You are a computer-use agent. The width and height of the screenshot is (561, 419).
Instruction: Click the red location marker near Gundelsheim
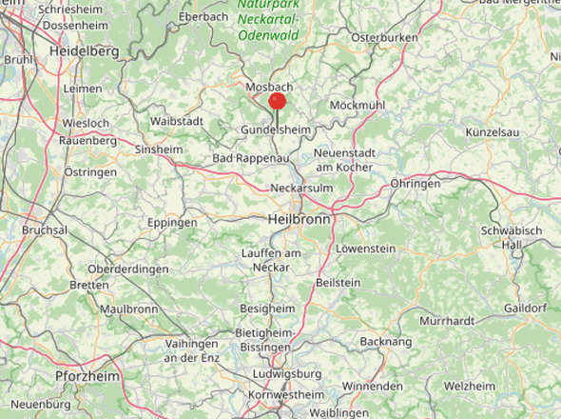278,101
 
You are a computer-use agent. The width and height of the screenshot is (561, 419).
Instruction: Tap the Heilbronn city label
300,219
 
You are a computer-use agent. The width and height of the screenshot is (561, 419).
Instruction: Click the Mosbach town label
268,87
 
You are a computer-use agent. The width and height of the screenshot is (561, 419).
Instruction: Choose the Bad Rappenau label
249,157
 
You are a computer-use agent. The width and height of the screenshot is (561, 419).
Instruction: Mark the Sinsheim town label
160,150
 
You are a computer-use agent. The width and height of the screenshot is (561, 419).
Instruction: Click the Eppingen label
172,223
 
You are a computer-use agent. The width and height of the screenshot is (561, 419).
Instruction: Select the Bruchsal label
45,230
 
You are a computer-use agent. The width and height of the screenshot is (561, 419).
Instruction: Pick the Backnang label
386,341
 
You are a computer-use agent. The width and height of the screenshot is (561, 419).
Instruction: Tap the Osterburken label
385,37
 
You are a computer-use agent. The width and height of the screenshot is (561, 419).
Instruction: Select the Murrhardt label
446,321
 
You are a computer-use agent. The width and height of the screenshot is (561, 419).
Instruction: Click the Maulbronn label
128,309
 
